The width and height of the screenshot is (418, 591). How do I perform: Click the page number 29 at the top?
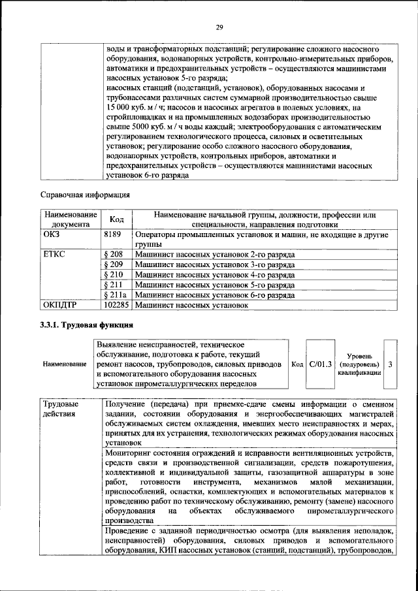pyautogui.click(x=220, y=27)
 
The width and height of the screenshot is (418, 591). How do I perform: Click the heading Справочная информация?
pyautogui.click(x=85, y=195)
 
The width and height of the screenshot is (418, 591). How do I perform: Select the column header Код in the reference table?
pyautogui.click(x=117, y=220)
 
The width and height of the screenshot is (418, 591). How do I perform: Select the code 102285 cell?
pyautogui.click(x=117, y=305)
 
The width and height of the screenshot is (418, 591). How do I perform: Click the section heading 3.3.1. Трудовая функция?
pyautogui.click(x=87, y=325)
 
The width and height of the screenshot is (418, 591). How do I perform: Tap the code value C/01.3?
pyautogui.click(x=321, y=364)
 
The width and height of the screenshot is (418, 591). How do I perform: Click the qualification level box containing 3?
pyautogui.click(x=390, y=364)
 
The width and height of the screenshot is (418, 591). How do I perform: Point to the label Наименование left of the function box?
pyautogui.click(x=65, y=364)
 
